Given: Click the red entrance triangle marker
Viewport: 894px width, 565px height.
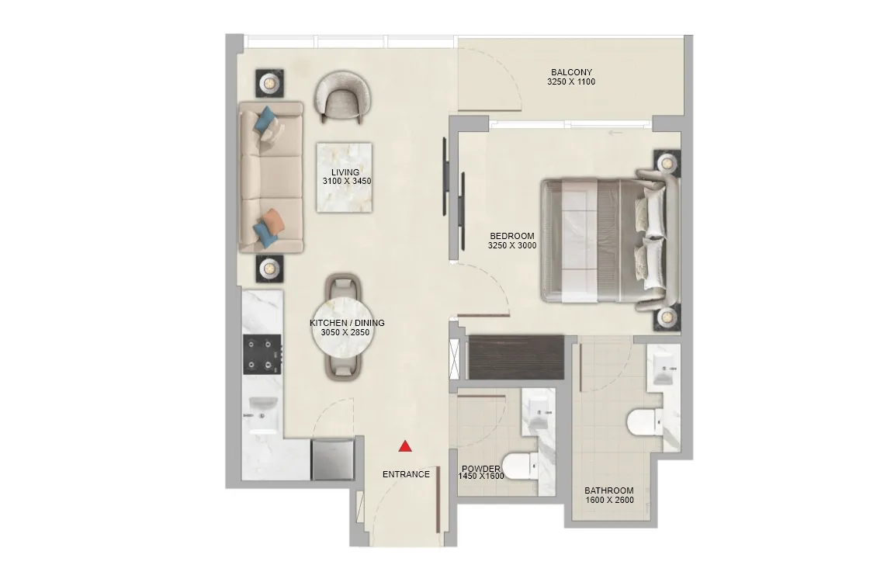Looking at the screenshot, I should [405, 446].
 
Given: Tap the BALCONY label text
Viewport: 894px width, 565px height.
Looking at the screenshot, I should [571, 73].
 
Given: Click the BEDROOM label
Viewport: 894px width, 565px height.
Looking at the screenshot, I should [512, 236].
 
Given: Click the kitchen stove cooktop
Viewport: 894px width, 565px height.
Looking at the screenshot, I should [263, 354].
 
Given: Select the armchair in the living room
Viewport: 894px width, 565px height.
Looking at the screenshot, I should [342, 96].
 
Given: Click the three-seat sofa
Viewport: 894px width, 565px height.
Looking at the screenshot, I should [269, 176].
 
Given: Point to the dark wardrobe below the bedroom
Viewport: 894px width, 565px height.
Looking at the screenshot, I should [516, 356].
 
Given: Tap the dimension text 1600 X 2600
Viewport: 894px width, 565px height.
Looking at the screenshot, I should [609, 501].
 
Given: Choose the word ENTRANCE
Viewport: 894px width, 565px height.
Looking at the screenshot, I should [406, 474].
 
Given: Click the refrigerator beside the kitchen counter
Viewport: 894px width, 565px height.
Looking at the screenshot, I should [333, 459].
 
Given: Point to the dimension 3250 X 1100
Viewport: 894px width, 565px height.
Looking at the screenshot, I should [571, 81].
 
